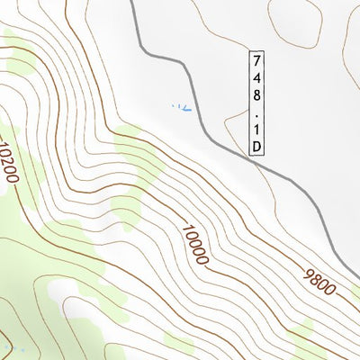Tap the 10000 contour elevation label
point(194,245)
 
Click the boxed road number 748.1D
point(259,103)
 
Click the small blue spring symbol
point(183,109)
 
